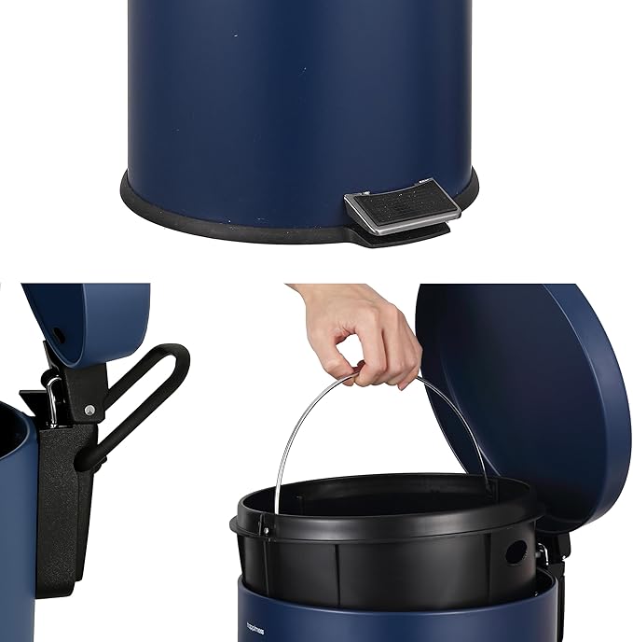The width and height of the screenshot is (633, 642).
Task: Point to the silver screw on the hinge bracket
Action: pyautogui.click(x=88, y=409)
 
